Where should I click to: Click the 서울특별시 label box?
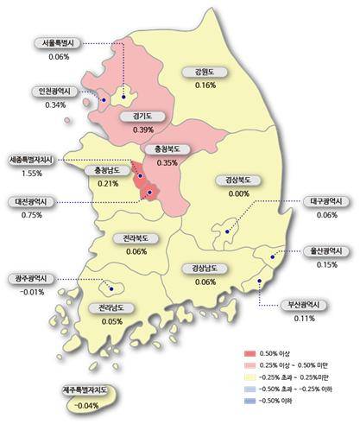coord(60,43)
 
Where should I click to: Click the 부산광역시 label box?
coord(303,305)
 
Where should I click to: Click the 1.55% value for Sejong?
coord(32,174)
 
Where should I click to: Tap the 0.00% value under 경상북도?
coord(232,193)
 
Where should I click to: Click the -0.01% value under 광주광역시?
coord(31,292)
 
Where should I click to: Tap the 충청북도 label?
coord(167,149)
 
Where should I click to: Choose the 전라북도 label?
coord(136,237)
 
